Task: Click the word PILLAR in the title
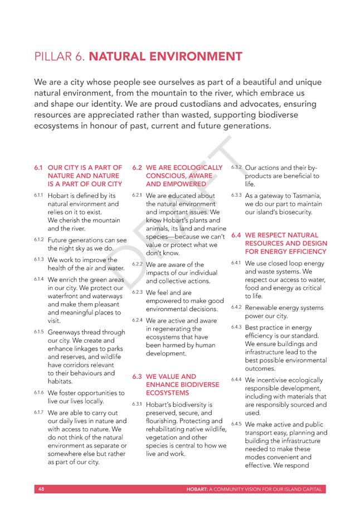[x=51, y=56]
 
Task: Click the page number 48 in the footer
[x=41, y=489]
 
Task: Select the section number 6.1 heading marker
[x=38, y=167]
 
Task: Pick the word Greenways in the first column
[x=65, y=332]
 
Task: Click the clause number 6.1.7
[x=39, y=412]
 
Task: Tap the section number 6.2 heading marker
[x=137, y=167]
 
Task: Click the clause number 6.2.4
[x=137, y=320]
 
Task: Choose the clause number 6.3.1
[x=137, y=404]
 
